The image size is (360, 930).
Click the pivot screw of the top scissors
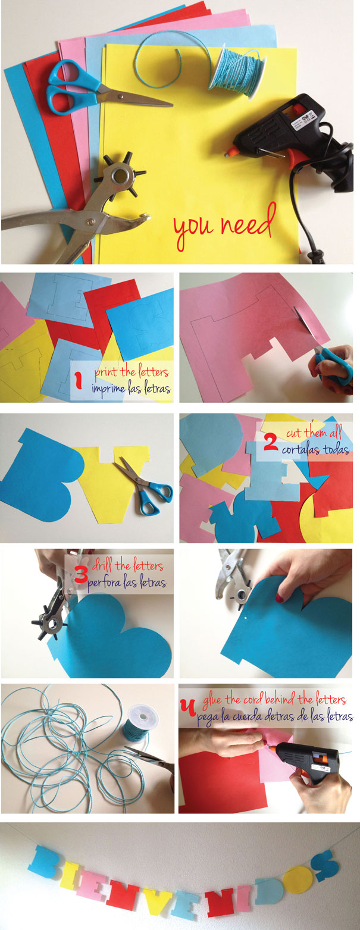[121, 95]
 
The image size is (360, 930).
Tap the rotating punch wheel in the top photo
[120, 174]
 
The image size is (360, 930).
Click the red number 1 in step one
[79, 380]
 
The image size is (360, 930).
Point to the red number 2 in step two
[271, 443]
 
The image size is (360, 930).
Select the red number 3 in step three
[81, 575]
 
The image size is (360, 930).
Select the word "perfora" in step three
[105, 583]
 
